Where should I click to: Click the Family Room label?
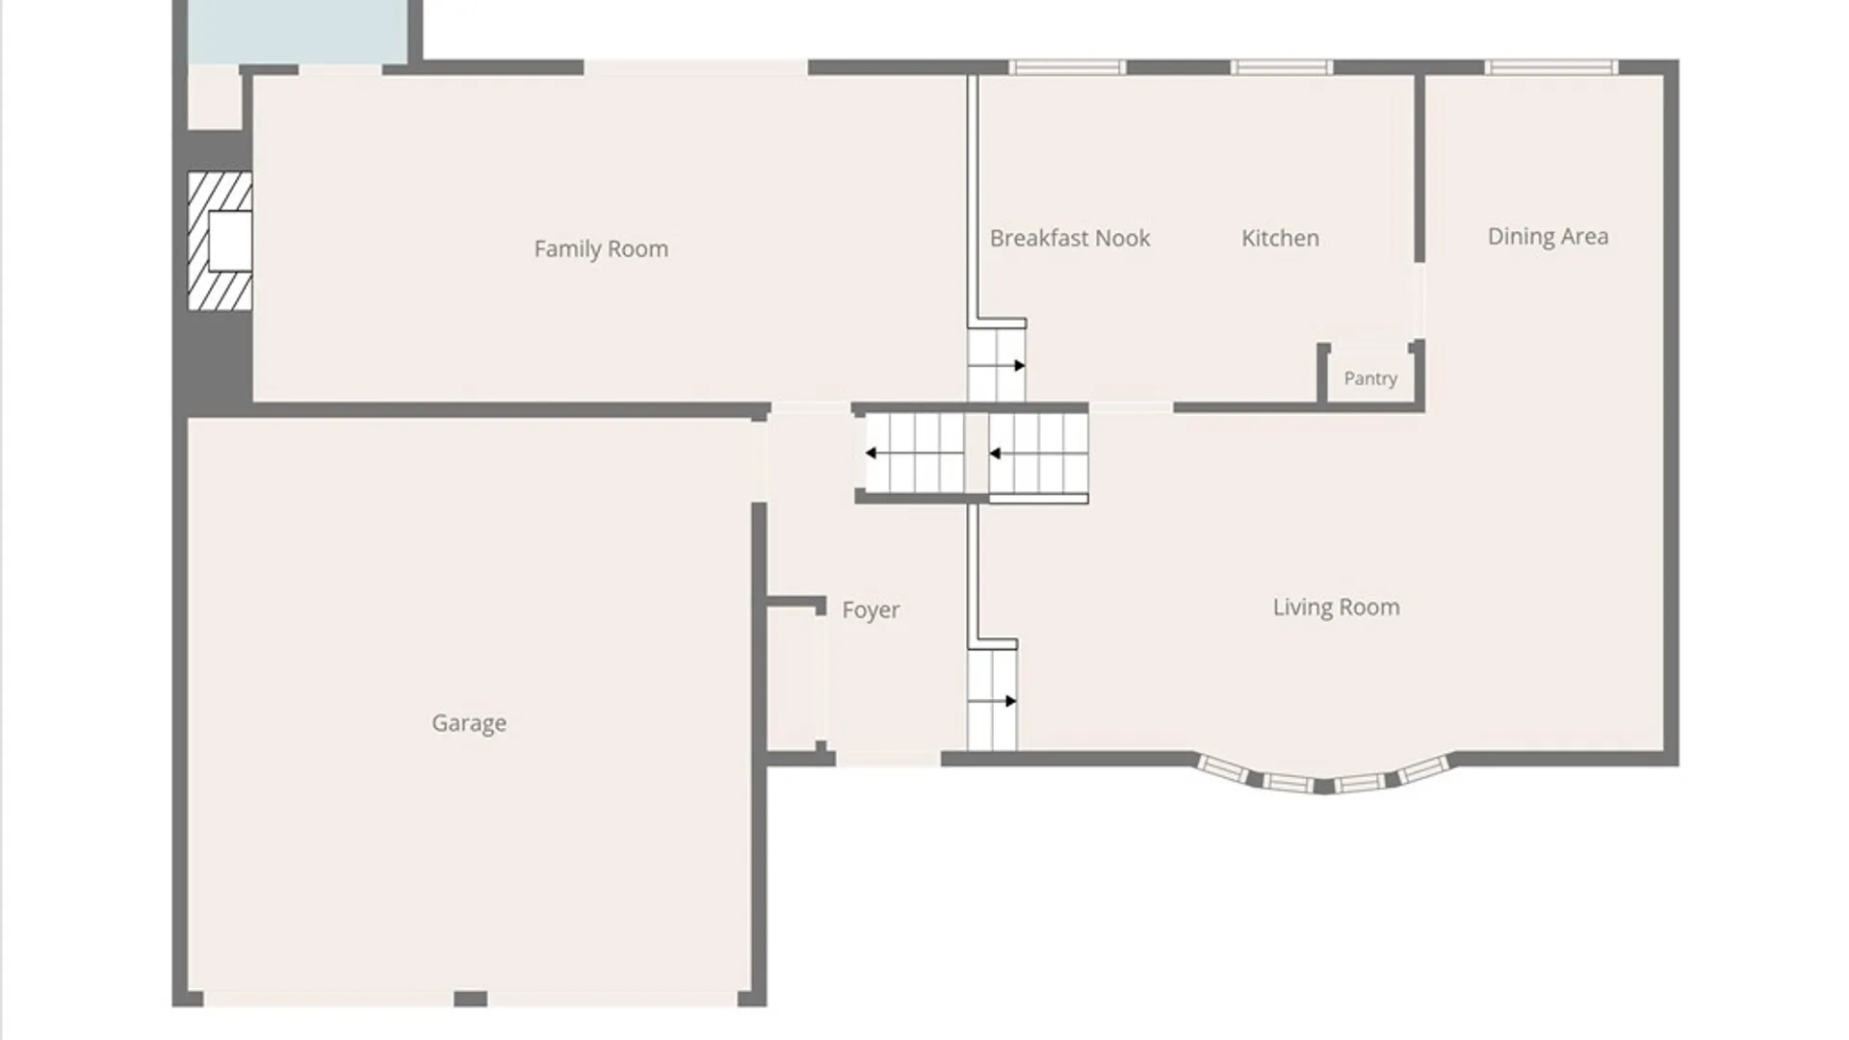(601, 248)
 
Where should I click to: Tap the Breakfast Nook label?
(1070, 238)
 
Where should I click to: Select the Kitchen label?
(1280, 238)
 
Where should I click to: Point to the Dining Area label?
(1548, 237)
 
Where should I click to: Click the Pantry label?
(1370, 378)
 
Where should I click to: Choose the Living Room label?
(1336, 607)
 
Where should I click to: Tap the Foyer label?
(871, 610)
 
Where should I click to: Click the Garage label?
(469, 723)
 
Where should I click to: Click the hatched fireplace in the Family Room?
(220, 241)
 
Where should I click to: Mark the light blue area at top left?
(298, 31)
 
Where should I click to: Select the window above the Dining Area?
(1550, 67)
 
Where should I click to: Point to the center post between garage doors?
(470, 999)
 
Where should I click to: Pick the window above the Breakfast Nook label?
(1067, 67)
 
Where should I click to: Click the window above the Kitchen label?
(1281, 67)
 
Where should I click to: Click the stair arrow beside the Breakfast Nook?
(998, 366)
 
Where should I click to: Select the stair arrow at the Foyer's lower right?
(993, 701)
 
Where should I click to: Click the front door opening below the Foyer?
(888, 760)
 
